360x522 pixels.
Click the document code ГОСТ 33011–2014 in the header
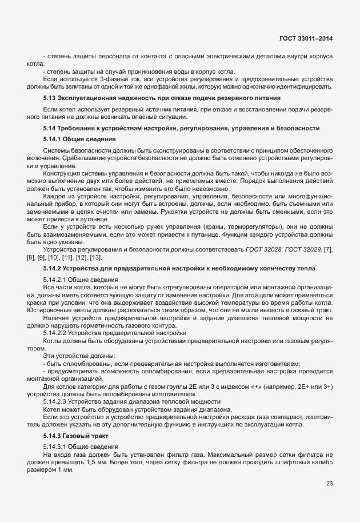[306, 38]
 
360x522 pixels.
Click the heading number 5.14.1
[54, 139]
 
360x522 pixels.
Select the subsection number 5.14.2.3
[55, 403]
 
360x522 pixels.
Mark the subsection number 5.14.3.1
[55, 446]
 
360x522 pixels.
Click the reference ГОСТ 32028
[264, 235]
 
